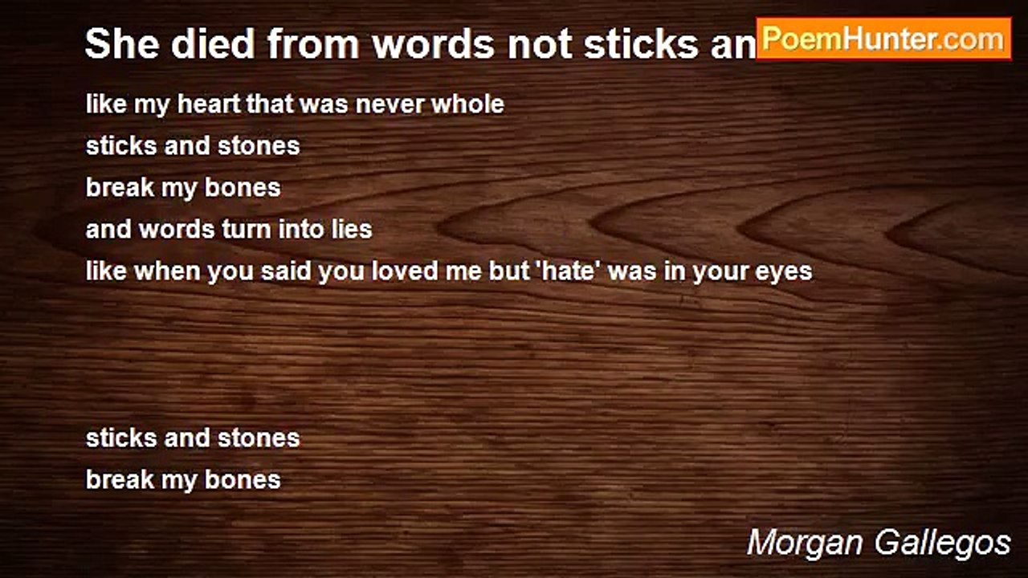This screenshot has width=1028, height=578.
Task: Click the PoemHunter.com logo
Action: coord(883,39)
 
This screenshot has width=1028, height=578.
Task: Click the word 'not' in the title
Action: coord(541,44)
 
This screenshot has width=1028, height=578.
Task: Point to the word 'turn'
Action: coord(247,230)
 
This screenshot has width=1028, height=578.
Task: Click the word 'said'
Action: coord(287,271)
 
